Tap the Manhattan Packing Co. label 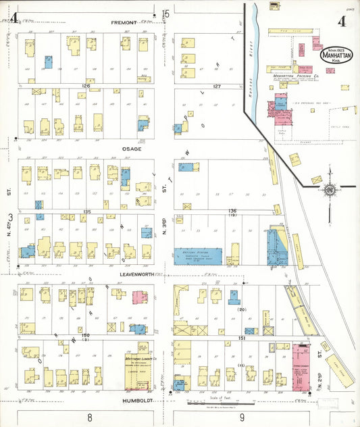(296, 78)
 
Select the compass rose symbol (330, 191)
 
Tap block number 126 (86, 86)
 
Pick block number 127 (216, 86)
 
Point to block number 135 (86, 212)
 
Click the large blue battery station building (197, 255)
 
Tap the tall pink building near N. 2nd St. (299, 369)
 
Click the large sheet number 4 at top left (13, 18)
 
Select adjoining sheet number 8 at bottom (90, 418)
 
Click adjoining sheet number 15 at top (165, 12)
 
